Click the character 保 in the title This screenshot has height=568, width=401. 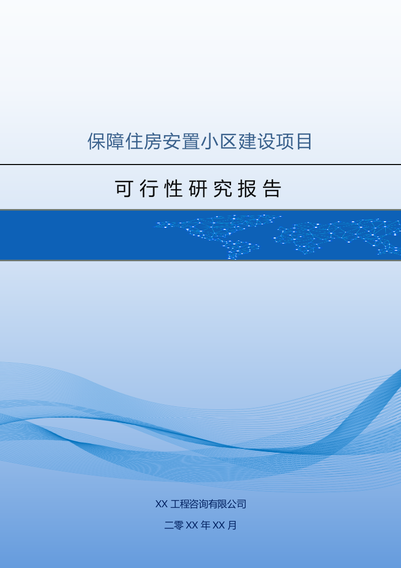(97, 142)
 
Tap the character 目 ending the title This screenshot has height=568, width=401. (303, 142)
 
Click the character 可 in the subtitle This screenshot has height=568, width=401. (124, 189)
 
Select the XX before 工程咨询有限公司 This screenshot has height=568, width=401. (161, 504)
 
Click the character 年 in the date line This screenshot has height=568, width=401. (205, 525)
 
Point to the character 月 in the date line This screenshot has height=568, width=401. (232, 525)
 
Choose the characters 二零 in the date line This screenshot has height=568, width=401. (174, 525)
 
